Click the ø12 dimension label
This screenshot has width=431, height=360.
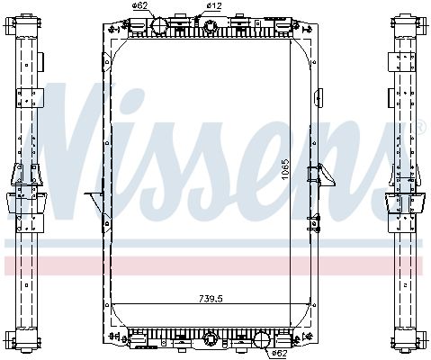tap(214, 6)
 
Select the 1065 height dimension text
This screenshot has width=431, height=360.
tap(284, 167)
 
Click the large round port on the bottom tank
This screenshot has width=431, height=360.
tap(262, 339)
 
